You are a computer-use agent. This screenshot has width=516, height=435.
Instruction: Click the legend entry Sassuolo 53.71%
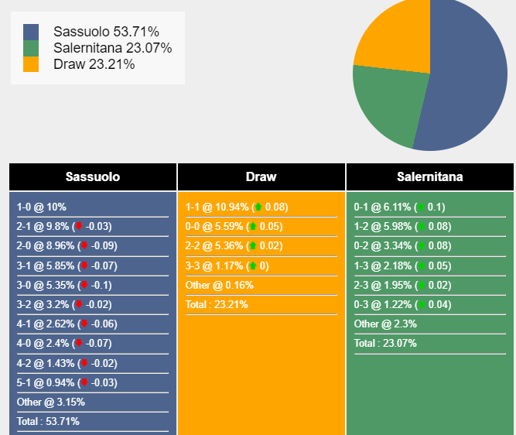pyautogui.click(x=106, y=32)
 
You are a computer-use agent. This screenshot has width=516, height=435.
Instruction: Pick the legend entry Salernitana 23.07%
pyautogui.click(x=112, y=48)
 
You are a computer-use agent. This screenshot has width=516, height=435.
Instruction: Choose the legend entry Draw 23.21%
pyautogui.click(x=94, y=64)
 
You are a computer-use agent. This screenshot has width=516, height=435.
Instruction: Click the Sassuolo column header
pyautogui.click(x=93, y=177)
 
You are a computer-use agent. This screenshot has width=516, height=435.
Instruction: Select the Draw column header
pyautogui.click(x=261, y=177)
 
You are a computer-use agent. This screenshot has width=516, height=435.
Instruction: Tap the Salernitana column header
pyautogui.click(x=429, y=177)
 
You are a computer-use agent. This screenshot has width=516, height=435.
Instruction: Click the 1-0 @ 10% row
pyautogui.click(x=42, y=207)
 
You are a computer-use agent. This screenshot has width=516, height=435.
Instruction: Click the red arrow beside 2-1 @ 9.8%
pyautogui.click(x=79, y=227)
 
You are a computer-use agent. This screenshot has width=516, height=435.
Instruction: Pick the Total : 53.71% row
pyautogui.click(x=48, y=422)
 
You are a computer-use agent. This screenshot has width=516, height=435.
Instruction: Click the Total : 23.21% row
pyautogui.click(x=217, y=305)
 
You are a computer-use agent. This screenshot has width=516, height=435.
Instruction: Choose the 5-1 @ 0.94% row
pyautogui.click(x=66, y=383)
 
